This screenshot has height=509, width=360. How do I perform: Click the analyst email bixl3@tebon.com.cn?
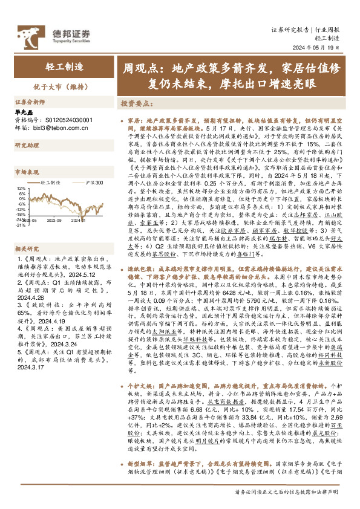[x=50, y=127]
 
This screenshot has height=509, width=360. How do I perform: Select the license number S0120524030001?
[x=55, y=120]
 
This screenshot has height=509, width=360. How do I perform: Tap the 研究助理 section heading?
[x=27, y=146]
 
